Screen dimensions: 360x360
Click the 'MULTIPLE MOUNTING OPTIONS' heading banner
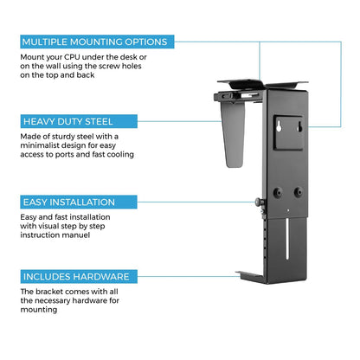97,42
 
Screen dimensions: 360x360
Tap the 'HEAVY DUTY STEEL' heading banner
79,121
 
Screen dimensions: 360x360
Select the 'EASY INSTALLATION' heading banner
79,202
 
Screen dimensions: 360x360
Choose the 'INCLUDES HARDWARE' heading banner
79,277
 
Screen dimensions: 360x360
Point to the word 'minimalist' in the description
39,145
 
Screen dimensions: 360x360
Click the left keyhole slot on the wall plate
280,126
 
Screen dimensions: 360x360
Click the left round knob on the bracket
278,192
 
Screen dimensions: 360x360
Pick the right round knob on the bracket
299,191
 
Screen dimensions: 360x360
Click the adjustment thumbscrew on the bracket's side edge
260,202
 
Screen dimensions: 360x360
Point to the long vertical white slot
287,239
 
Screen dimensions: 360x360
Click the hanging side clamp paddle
233,135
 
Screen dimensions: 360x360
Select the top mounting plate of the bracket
262,84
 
